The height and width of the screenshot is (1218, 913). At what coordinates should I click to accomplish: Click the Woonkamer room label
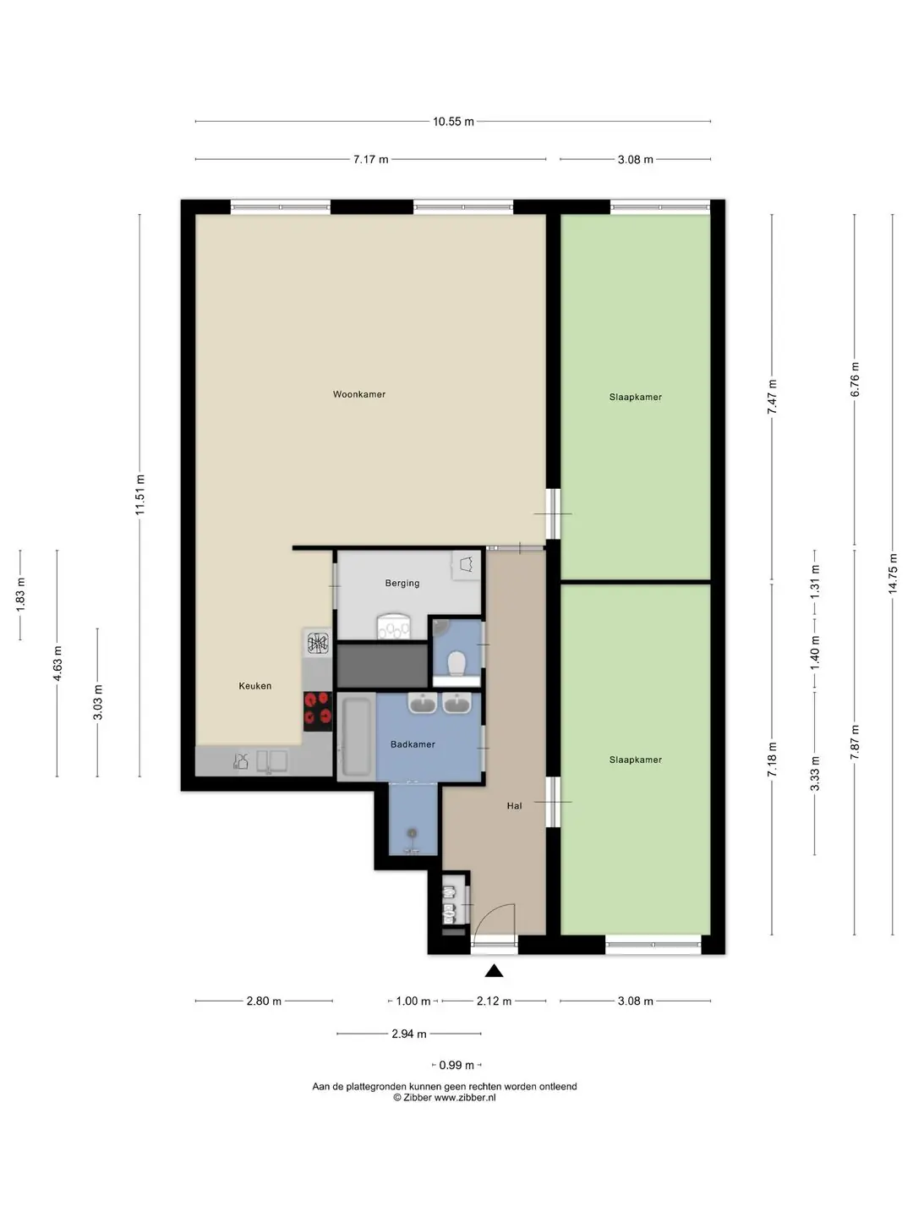(358, 394)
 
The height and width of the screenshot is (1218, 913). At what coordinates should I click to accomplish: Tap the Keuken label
(255, 686)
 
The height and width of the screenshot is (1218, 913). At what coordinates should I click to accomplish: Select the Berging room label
(402, 583)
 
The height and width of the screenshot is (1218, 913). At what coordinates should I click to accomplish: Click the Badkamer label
(413, 744)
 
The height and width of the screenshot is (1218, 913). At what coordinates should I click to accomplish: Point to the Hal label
(514, 806)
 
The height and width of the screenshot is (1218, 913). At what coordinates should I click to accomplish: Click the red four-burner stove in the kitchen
(318, 712)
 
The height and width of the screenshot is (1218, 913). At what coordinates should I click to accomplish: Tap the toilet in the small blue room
(456, 664)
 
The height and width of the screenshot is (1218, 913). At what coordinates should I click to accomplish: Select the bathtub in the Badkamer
(356, 737)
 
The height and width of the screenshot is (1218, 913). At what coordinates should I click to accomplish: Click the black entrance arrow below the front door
(494, 970)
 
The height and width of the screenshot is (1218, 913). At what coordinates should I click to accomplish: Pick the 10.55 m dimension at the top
(453, 122)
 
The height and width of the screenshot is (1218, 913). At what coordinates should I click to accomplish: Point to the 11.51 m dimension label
(139, 495)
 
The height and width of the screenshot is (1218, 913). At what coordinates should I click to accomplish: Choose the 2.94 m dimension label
(409, 1034)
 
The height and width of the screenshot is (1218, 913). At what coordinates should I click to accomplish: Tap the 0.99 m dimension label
(456, 1065)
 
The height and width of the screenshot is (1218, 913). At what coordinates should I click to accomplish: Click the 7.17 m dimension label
(371, 159)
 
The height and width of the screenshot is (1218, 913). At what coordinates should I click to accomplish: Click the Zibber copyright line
(445, 1097)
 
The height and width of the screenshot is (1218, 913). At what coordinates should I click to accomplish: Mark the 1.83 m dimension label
(20, 595)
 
